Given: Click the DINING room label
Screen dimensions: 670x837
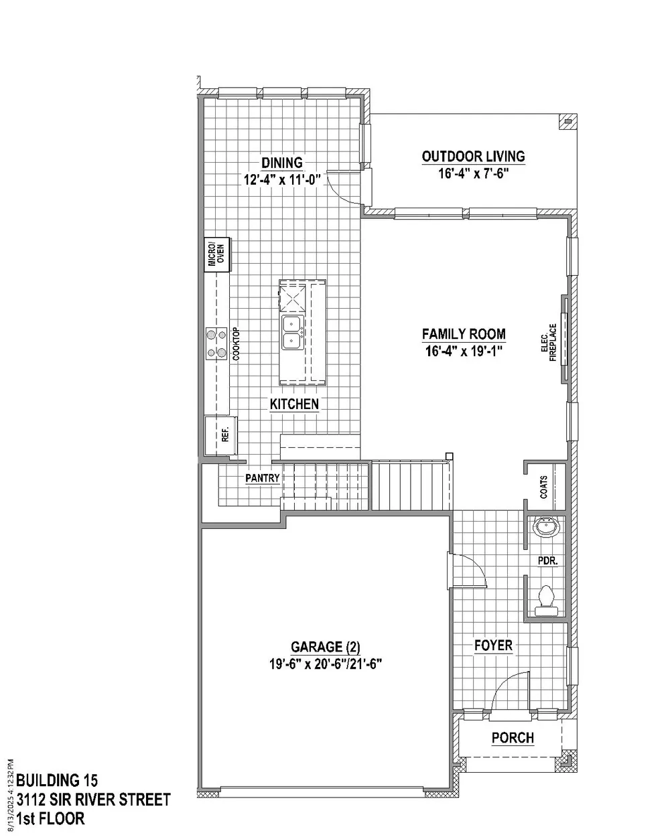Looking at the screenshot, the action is [x=282, y=163].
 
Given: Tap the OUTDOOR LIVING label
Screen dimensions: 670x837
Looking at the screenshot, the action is [x=474, y=157].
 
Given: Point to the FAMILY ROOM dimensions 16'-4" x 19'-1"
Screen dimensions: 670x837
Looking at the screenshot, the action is [x=464, y=352].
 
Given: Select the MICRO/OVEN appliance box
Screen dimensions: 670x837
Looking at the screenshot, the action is [x=217, y=254].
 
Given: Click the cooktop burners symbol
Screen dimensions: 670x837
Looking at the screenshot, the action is [x=216, y=344].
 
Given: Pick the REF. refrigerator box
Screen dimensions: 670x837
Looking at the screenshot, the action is [x=220, y=436].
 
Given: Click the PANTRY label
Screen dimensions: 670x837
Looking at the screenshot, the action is [x=263, y=477].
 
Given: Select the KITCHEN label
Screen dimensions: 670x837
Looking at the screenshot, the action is [x=294, y=404].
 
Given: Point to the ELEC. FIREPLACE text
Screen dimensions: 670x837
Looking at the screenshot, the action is [x=549, y=342].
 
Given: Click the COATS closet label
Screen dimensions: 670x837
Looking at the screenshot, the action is [x=544, y=487].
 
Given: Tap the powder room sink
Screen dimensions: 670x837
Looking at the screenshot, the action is [x=547, y=527].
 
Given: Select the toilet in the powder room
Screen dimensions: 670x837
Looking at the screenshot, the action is [x=547, y=601].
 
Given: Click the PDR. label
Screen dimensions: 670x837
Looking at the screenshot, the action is [x=548, y=561].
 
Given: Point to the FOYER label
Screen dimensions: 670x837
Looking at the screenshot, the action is [x=493, y=645].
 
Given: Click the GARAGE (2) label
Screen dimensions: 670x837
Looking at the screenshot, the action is [x=326, y=647].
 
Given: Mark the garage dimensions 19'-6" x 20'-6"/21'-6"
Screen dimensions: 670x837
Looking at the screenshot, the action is [x=326, y=664].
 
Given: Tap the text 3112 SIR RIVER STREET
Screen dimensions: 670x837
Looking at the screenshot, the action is [x=93, y=800].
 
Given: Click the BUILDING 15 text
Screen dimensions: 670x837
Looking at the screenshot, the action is [x=57, y=781].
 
